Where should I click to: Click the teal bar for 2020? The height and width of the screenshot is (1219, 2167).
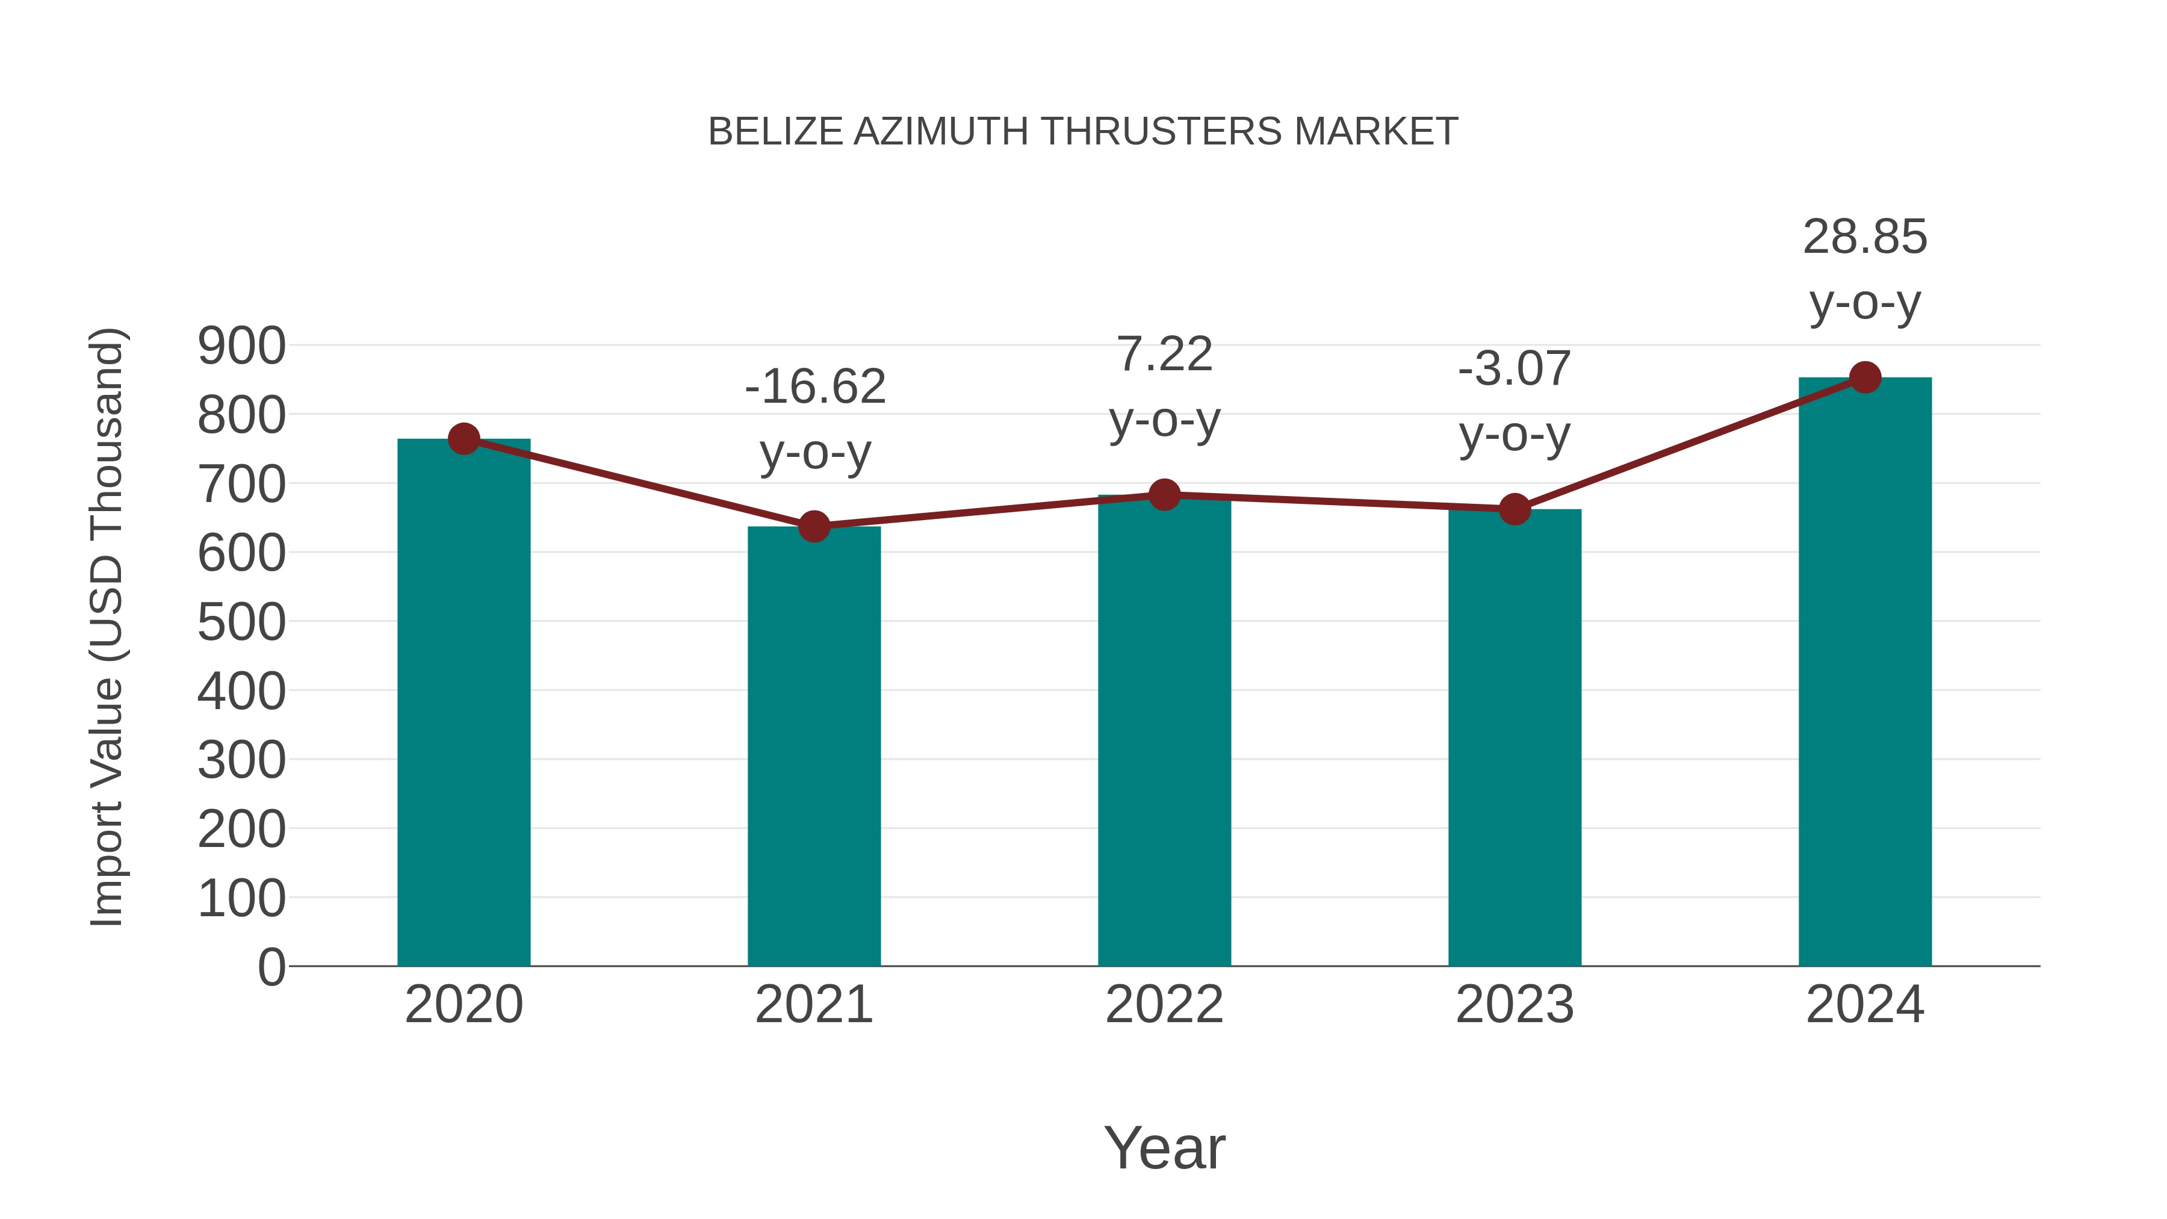coord(463,703)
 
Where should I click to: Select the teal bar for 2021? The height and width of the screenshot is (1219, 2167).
coord(813,746)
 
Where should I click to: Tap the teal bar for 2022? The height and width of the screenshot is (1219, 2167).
coord(1164,730)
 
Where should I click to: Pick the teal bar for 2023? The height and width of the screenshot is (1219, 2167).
coord(1514,738)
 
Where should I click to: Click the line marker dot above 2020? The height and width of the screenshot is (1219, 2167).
coord(463,438)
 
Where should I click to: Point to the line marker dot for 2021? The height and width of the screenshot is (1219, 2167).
coord(813,527)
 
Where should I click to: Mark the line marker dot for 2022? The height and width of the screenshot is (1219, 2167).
coord(1164,495)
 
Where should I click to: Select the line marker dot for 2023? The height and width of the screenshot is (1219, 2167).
coord(1514,509)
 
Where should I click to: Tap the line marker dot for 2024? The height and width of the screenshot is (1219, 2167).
coord(1865,377)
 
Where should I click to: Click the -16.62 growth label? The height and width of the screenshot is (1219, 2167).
coord(815,387)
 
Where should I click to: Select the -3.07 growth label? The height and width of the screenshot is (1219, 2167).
coord(1514,368)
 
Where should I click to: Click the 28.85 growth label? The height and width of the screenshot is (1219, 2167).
coord(1865,237)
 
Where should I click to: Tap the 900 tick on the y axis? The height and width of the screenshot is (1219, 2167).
coord(241,346)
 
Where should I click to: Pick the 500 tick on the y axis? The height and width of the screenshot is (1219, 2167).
coord(241,622)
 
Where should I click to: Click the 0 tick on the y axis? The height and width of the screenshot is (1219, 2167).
coord(271,967)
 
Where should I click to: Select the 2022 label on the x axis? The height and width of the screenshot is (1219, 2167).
coord(1164,1005)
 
